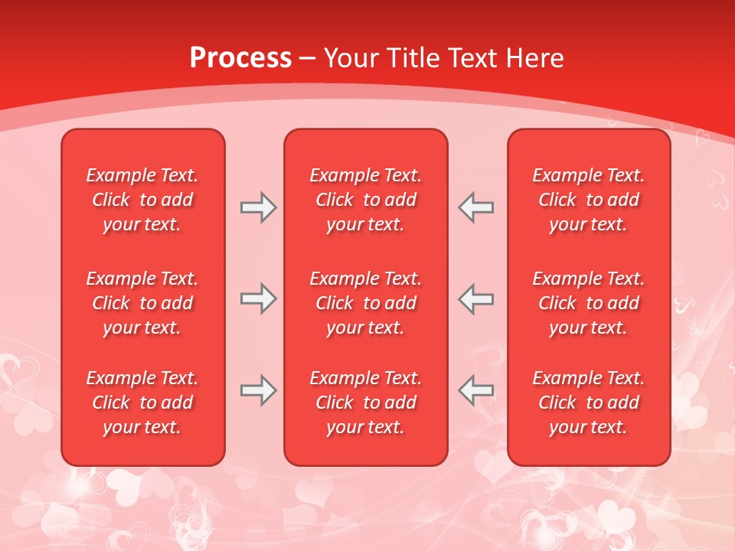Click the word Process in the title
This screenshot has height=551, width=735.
pos(240,58)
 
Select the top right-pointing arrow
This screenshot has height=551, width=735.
pos(258,207)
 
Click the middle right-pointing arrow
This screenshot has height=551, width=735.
pos(258,299)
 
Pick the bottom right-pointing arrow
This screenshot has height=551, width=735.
pos(258,390)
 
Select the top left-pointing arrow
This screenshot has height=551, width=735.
pos(475,207)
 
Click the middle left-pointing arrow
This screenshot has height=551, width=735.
pos(475,299)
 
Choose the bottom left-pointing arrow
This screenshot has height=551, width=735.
pos(475,390)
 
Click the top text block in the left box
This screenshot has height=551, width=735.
pos(142,200)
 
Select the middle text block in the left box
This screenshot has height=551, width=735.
pos(142,303)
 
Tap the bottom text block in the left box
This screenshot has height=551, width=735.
pos(142,403)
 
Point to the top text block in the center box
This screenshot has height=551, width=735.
pos(365,200)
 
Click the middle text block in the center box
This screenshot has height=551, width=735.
pos(365,303)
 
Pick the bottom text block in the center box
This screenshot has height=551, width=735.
pos(365,403)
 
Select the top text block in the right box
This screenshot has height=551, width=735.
pos(588,200)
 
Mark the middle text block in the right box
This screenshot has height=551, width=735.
pos(588,303)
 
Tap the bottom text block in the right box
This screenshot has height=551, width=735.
pos(588,403)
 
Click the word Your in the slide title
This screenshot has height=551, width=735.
pos(352,58)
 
